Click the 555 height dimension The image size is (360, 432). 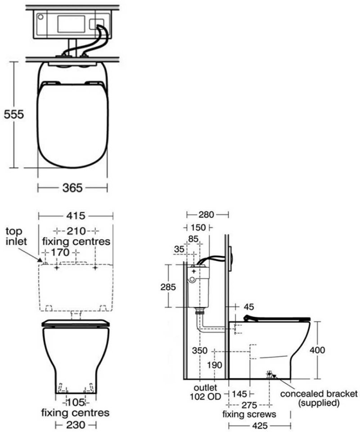[x=13, y=114]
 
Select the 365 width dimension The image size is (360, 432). [x=72, y=188]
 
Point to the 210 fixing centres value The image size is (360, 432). [x=76, y=231]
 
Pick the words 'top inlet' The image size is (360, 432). [x=16, y=236]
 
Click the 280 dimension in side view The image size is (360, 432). [x=207, y=215]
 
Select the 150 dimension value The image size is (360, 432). [x=198, y=228]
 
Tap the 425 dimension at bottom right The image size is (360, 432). [x=261, y=425]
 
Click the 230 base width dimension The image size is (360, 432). [x=75, y=425]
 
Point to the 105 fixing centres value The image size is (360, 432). [x=75, y=402]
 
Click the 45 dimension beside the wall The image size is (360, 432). [x=248, y=307]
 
